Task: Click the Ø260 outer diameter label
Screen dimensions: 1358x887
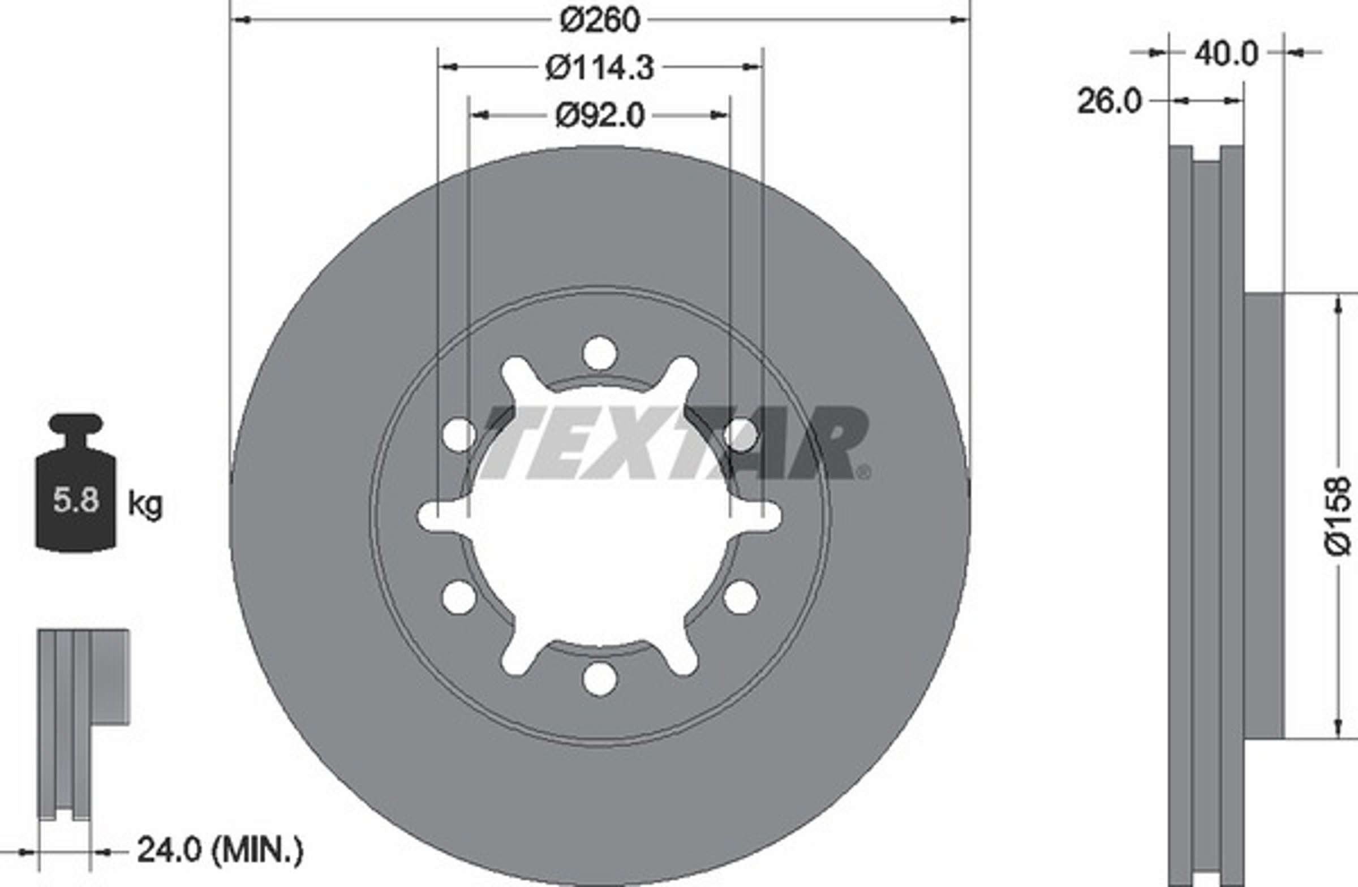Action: tap(600, 20)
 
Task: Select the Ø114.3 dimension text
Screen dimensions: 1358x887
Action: tap(600, 68)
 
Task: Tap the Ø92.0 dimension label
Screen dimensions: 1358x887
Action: tap(600, 116)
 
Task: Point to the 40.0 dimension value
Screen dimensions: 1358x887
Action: tap(1226, 54)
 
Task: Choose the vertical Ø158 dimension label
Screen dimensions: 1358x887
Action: tap(1338, 516)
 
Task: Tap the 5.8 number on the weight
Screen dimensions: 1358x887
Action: tap(76, 500)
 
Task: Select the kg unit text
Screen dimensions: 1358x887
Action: tap(145, 504)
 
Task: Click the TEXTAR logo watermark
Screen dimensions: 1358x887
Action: tap(673, 443)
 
